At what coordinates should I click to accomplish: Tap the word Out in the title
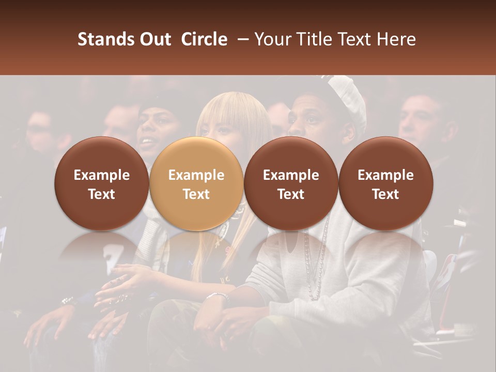point(153,39)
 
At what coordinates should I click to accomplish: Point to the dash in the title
point(241,40)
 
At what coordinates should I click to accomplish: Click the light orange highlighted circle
point(196,183)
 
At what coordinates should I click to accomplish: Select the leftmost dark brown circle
point(101,183)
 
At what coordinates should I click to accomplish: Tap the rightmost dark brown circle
point(385,183)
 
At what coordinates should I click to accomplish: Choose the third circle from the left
point(291,183)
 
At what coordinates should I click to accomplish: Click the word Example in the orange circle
point(196,175)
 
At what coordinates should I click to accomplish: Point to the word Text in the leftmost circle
point(101,194)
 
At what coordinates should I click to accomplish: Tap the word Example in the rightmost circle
point(385,175)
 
